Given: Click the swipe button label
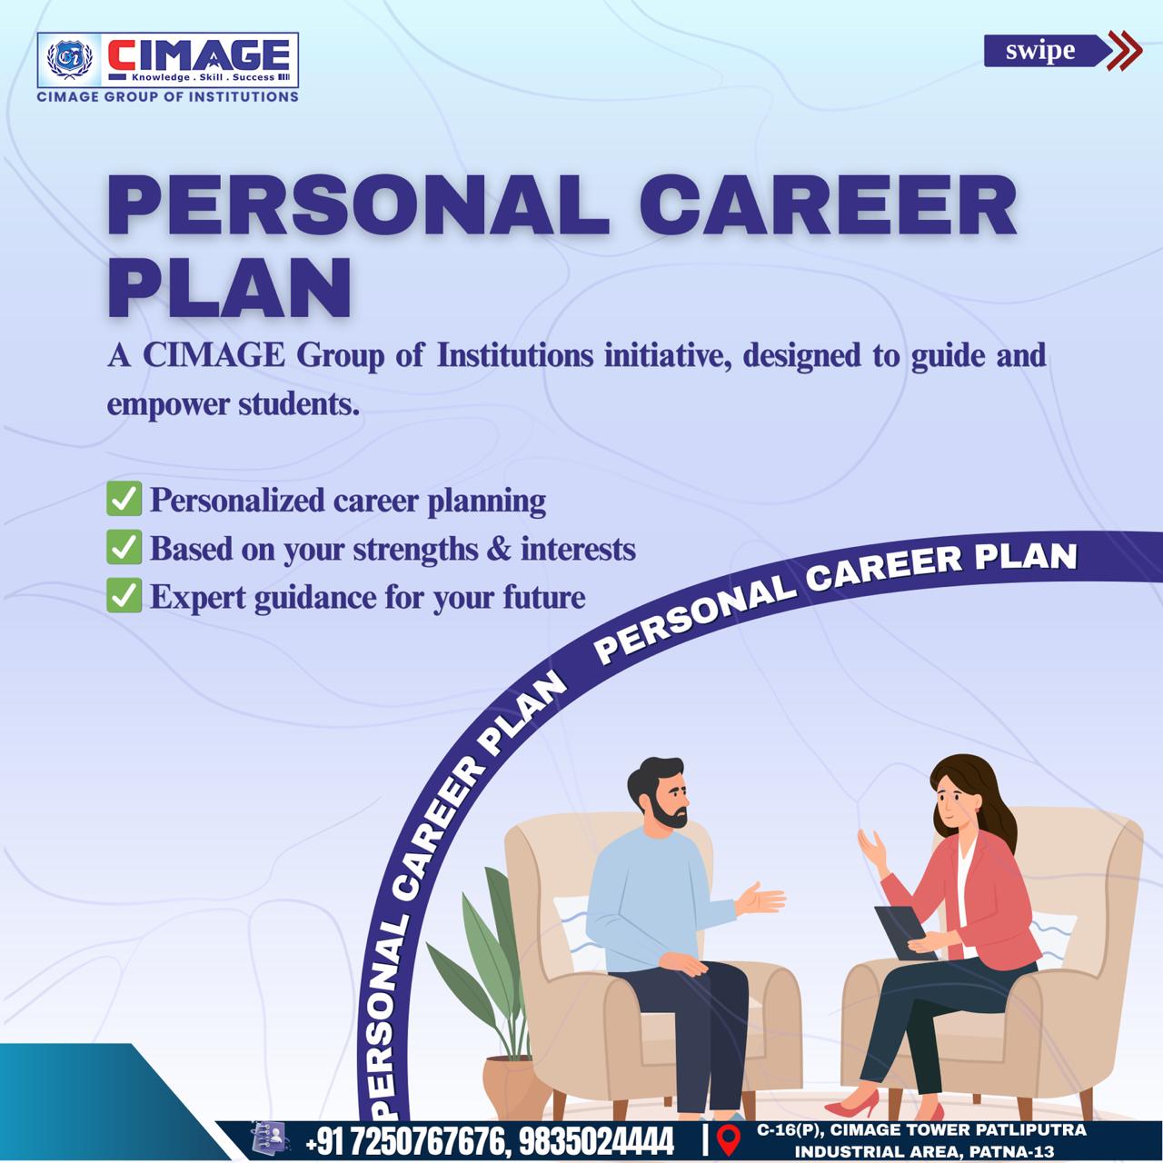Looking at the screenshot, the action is [1039, 51].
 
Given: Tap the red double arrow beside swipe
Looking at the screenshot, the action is [1125, 51].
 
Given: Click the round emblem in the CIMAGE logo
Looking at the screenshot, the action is [70, 60].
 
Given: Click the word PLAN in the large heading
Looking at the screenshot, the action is [230, 287].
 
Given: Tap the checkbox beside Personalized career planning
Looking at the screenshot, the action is [124, 499].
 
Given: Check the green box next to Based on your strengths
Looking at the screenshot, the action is [124, 547].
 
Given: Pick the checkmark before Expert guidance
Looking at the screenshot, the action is [124, 595].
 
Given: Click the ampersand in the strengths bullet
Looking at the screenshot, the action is [497, 549].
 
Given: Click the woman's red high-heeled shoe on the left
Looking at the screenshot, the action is [853, 1104].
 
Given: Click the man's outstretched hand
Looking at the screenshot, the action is [760, 900].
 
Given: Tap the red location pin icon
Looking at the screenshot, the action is [729, 1138].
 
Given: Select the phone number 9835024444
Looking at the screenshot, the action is [596, 1140].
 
